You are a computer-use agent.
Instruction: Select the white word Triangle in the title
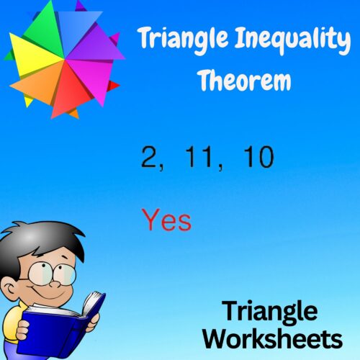(182, 42)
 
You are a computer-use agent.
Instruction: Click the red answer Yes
(166, 220)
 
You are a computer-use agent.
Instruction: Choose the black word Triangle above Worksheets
(269, 312)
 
